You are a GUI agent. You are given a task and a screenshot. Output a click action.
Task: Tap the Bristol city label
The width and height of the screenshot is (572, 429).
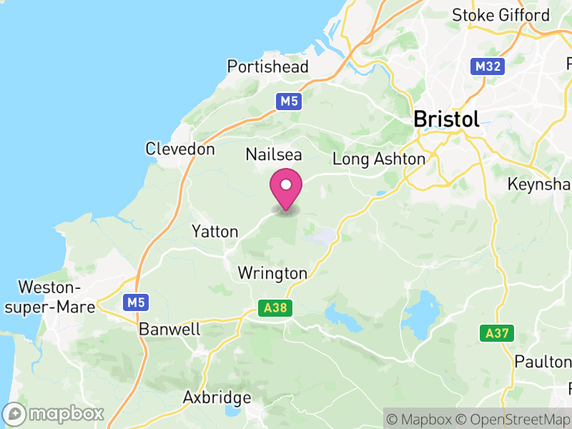pyautogui.click(x=446, y=119)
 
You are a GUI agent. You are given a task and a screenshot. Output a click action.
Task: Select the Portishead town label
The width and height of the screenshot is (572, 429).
pyautogui.click(x=267, y=67)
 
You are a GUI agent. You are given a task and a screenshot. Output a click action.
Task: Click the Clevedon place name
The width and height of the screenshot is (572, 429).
pyautogui.click(x=179, y=149)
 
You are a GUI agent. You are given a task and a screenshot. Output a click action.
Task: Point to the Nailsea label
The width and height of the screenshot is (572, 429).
pyautogui.click(x=274, y=154)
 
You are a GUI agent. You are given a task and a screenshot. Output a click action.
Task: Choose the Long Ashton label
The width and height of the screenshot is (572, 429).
pyautogui.click(x=378, y=159)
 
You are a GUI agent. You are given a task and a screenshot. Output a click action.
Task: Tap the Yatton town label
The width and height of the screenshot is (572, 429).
pyautogui.click(x=214, y=232)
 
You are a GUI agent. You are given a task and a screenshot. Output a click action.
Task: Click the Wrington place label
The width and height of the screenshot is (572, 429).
pyautogui.click(x=272, y=273)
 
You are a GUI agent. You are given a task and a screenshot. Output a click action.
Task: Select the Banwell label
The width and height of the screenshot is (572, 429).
pyautogui.click(x=170, y=330)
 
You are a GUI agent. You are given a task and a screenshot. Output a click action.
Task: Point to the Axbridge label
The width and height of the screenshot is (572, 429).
pyautogui.click(x=217, y=398)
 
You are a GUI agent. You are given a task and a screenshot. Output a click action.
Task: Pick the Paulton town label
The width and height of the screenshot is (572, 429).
pyautogui.click(x=543, y=362)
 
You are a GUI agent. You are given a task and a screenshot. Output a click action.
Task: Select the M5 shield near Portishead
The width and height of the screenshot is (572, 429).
pyautogui.click(x=289, y=102)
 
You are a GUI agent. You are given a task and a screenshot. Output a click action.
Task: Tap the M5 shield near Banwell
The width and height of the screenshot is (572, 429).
pyautogui.click(x=137, y=303)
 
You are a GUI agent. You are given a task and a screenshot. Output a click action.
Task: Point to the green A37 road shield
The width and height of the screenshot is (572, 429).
pyautogui.click(x=497, y=333)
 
